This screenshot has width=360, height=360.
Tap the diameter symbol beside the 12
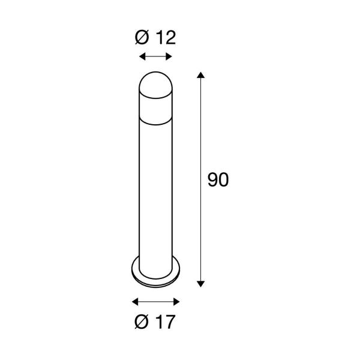[141, 38]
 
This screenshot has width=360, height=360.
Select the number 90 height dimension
[218, 180]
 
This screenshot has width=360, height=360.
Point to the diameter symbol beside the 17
[141, 322]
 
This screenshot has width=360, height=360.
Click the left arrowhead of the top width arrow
[140, 57]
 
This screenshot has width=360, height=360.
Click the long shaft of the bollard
[155, 192]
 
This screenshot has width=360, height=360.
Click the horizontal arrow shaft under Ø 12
[155, 57]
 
